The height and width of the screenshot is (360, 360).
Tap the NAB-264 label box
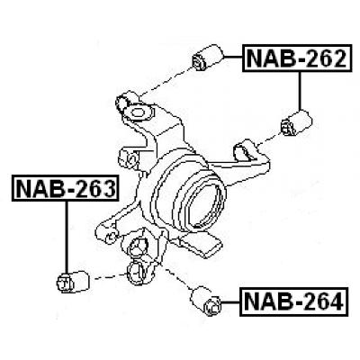pos(294,301)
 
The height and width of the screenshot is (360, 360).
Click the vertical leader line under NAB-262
pos(298,90)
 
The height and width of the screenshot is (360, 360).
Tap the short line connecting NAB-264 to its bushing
pos(232,300)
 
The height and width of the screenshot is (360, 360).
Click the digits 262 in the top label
pos(319,60)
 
